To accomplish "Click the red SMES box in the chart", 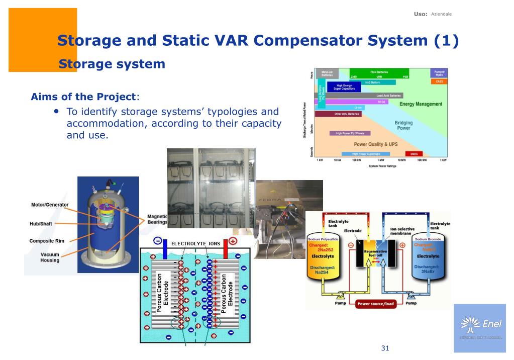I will pos(414,154).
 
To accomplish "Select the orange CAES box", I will pos(439,81).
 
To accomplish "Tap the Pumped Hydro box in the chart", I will pos(439,73).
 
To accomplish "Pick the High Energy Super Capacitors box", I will pos(344,87).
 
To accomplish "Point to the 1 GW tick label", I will pos(443,160).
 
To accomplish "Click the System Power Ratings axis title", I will pos(382,166).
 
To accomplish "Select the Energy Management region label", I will pos(421,104).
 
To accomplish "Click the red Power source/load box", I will pos(375,304).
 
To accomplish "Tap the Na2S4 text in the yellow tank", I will pos(322,272).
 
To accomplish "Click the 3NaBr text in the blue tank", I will pos(428,272).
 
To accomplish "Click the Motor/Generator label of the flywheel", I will pos(50,205).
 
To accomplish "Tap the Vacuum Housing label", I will pos(50,257).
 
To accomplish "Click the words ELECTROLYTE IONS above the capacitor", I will pos(195,243).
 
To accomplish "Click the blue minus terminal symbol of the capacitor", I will pos(157,241).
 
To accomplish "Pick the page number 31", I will pos(385,348).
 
